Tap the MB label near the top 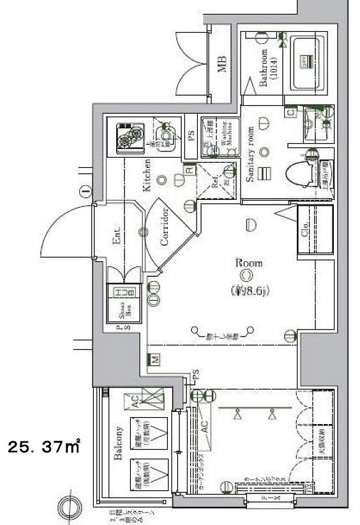pyautogui.click(x=221, y=64)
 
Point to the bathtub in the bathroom pyautogui.click(x=308, y=62)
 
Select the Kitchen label pyautogui.click(x=147, y=176)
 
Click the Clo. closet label pyautogui.click(x=305, y=228)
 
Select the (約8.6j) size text pyautogui.click(x=248, y=291)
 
